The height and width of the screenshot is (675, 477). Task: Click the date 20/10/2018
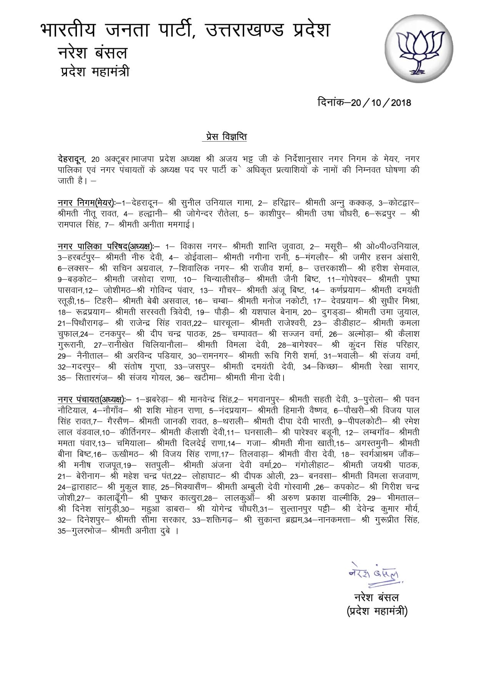coord(364,103)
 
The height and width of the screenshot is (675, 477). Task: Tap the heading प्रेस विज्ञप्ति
coord(225,137)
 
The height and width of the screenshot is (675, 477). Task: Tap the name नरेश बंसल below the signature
coord(376,597)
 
